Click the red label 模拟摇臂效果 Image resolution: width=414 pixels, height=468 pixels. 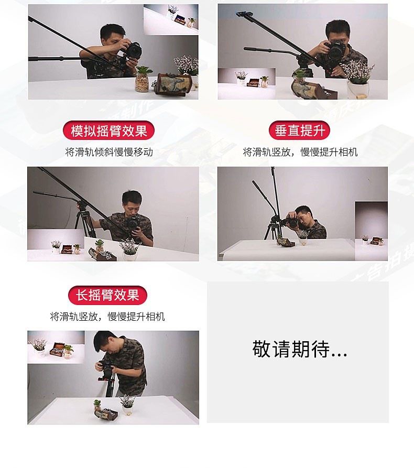[x=108, y=130]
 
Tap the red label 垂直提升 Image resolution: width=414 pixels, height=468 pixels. [x=299, y=130]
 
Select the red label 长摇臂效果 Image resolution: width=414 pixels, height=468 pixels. [x=107, y=295]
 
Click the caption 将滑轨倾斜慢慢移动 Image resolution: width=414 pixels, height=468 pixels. [x=109, y=152]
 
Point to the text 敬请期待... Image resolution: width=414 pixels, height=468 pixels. [x=299, y=349]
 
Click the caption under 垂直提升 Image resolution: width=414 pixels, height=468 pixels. [x=300, y=152]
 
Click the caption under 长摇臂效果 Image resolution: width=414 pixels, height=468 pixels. [x=107, y=317]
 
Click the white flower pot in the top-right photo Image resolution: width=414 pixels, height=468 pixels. [x=357, y=89]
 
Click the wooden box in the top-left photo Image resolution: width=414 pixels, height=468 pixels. [x=172, y=84]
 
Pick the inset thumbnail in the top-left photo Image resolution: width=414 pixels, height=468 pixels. [x=171, y=20]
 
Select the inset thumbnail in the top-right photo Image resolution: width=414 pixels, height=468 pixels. [x=246, y=83]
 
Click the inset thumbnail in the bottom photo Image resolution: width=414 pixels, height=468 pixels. [x=56, y=347]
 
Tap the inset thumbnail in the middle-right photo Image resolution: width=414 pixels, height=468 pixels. [x=371, y=231]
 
